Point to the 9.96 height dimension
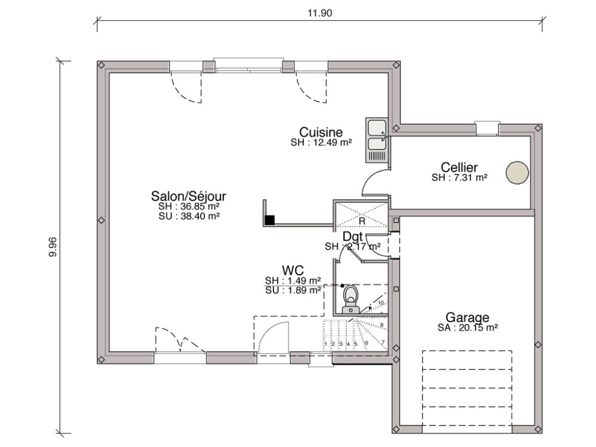coord(52,247)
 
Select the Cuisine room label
coord(321,132)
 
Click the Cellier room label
coord(459,167)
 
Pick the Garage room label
coord(467,317)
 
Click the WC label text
coord(293,271)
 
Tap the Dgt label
coord(352,237)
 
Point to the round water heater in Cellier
coord(517,172)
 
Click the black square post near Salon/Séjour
coord(270,220)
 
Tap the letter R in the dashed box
coord(361,221)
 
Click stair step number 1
coord(325,344)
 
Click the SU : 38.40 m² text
coord(189,216)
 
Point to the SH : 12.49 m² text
coord(321,142)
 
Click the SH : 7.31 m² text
coord(459,178)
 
